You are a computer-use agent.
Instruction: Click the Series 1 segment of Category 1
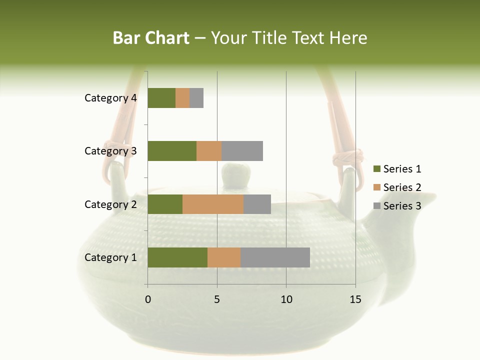click(177, 257)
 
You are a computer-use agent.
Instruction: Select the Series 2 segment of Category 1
click(224, 257)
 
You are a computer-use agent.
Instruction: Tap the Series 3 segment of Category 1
click(275, 257)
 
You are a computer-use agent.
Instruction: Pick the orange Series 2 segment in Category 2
click(213, 204)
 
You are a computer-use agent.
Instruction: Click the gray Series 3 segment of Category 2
click(257, 204)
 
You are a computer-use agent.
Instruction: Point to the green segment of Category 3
click(172, 151)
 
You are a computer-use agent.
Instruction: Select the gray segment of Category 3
click(242, 151)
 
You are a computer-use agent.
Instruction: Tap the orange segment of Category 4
click(182, 98)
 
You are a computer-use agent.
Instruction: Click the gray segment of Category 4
click(196, 98)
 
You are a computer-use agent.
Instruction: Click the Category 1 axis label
click(110, 257)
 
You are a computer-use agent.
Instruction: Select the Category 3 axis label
click(110, 151)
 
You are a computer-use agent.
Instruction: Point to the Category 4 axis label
click(110, 98)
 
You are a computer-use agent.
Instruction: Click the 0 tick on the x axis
click(148, 299)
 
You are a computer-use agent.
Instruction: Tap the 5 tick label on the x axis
click(217, 299)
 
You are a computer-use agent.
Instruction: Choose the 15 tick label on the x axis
click(355, 299)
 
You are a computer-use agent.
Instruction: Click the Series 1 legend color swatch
click(376, 169)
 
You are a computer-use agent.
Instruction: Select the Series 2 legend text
click(402, 187)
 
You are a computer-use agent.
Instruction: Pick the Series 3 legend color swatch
click(376, 206)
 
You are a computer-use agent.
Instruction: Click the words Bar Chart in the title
click(151, 38)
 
